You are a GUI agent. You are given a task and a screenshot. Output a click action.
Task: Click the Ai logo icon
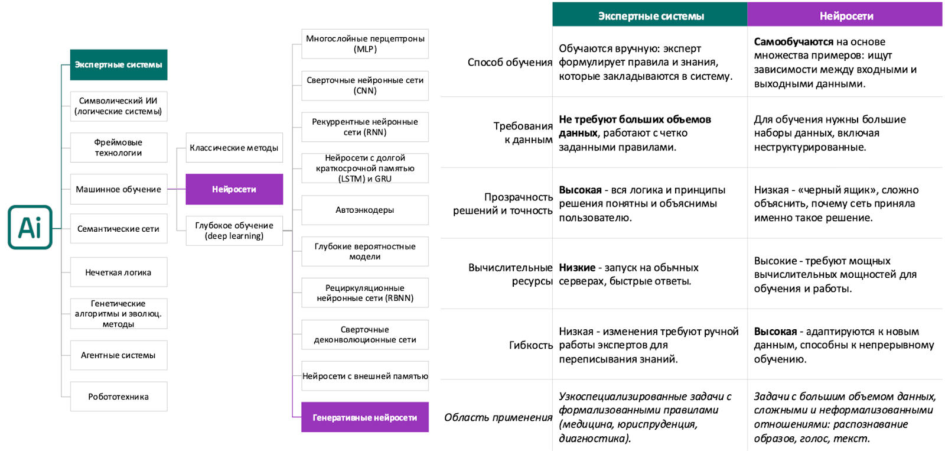tap(30, 228)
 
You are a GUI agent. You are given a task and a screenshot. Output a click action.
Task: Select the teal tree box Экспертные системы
tap(119, 65)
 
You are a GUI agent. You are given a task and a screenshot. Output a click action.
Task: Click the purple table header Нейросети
tap(845, 16)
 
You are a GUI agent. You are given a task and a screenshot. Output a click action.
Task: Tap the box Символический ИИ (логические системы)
tap(119, 106)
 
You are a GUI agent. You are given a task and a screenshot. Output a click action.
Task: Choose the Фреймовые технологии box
tap(119, 148)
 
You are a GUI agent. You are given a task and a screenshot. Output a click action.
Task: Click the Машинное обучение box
tap(119, 189)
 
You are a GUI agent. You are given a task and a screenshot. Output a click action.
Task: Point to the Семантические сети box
tap(119, 229)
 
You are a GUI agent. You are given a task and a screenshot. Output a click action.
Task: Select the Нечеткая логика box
tap(119, 272)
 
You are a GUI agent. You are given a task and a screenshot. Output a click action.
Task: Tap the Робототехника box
tap(119, 397)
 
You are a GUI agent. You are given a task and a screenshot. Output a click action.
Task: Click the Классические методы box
tap(234, 148)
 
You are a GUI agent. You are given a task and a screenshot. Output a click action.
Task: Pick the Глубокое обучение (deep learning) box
tap(234, 231)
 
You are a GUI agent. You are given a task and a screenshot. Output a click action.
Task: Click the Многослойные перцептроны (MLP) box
tap(365, 44)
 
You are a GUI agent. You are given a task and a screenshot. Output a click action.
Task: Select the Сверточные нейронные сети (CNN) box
tap(365, 85)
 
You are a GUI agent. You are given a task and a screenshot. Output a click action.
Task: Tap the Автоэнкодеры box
tap(365, 210)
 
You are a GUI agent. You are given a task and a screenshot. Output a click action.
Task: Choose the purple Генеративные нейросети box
tap(365, 417)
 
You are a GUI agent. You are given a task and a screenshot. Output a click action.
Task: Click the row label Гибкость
tap(530, 345)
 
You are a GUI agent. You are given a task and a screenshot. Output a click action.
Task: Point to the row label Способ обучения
tap(510, 62)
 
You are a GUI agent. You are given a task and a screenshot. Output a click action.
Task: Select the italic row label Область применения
tap(498, 417)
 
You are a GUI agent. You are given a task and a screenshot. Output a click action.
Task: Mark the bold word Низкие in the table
tap(577, 268)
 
